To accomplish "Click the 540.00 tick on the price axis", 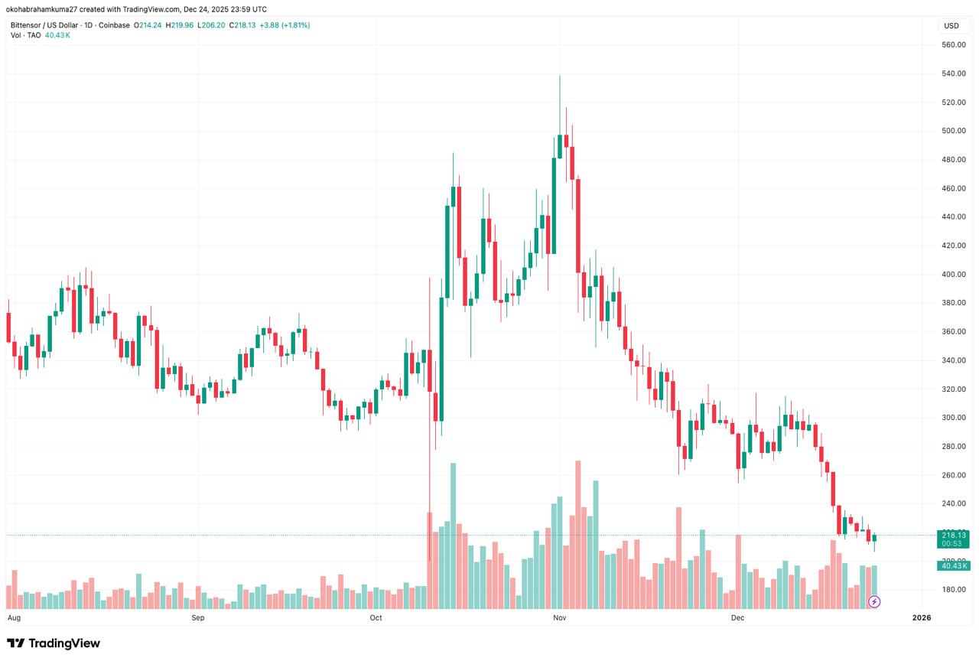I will (x=954, y=73).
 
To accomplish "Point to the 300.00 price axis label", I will (x=954, y=418).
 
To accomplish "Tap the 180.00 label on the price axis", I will (x=954, y=590).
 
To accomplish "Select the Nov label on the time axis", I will (x=559, y=617).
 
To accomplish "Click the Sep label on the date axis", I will (x=198, y=617).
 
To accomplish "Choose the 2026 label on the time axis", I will (x=922, y=617).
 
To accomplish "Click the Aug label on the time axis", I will (x=14, y=617).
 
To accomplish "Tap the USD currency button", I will (x=951, y=26).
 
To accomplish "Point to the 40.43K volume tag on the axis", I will (x=954, y=565).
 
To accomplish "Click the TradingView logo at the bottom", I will (x=54, y=643).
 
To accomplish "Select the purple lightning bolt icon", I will (x=874, y=602).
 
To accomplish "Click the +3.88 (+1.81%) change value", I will (x=285, y=25).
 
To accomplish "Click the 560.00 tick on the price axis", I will (x=954, y=45).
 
